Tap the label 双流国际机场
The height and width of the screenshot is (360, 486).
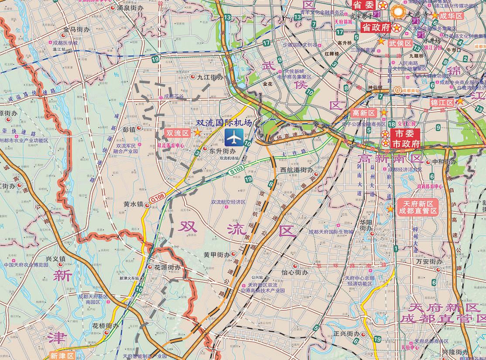224,123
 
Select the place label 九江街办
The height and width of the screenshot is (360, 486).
210,77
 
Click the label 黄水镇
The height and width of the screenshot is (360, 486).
133,204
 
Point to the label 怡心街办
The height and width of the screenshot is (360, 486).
294,272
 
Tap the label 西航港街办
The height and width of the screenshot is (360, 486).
297,170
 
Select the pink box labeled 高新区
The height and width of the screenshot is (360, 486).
363,113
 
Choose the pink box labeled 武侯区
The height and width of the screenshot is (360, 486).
400,43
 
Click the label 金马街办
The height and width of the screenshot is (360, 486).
76,30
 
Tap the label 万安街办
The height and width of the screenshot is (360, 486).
429,262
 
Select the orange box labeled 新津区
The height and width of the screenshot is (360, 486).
62,356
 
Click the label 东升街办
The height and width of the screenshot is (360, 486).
222,151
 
